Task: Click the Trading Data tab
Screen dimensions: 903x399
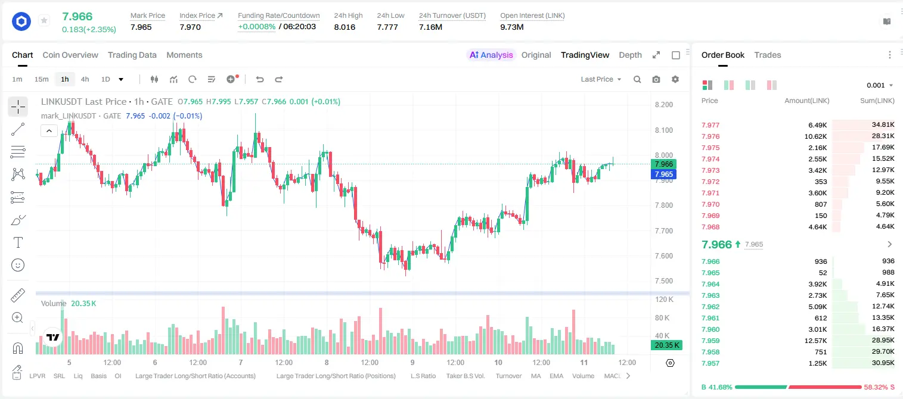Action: [x=132, y=55]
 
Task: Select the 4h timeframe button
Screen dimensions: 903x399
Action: [x=85, y=79]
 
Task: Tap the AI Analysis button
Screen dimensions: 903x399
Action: [x=491, y=55]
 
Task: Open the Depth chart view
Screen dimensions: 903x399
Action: [x=630, y=55]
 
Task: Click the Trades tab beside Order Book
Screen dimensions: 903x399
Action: [x=768, y=55]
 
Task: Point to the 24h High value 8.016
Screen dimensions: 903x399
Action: [x=345, y=27]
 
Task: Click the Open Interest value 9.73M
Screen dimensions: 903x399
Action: [x=512, y=27]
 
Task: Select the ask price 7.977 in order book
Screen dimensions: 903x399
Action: [x=710, y=125]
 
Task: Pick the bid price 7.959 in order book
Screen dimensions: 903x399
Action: [x=710, y=341]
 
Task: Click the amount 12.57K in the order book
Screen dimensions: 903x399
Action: [x=815, y=341]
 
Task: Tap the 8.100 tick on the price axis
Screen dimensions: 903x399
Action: [x=664, y=130]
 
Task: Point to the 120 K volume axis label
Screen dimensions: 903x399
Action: [x=665, y=300]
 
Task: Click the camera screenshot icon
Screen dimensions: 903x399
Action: [x=656, y=79]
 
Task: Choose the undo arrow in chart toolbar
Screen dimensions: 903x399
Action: [x=260, y=79]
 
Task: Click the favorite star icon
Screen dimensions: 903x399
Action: [x=44, y=20]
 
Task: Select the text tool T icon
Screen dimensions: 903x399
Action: [x=18, y=242]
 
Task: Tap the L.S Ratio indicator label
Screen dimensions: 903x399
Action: [x=423, y=376]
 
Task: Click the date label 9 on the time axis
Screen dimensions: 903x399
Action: [x=412, y=362]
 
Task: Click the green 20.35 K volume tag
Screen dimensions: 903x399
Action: [x=666, y=345]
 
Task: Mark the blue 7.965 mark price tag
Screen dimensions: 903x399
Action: [x=663, y=174]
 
